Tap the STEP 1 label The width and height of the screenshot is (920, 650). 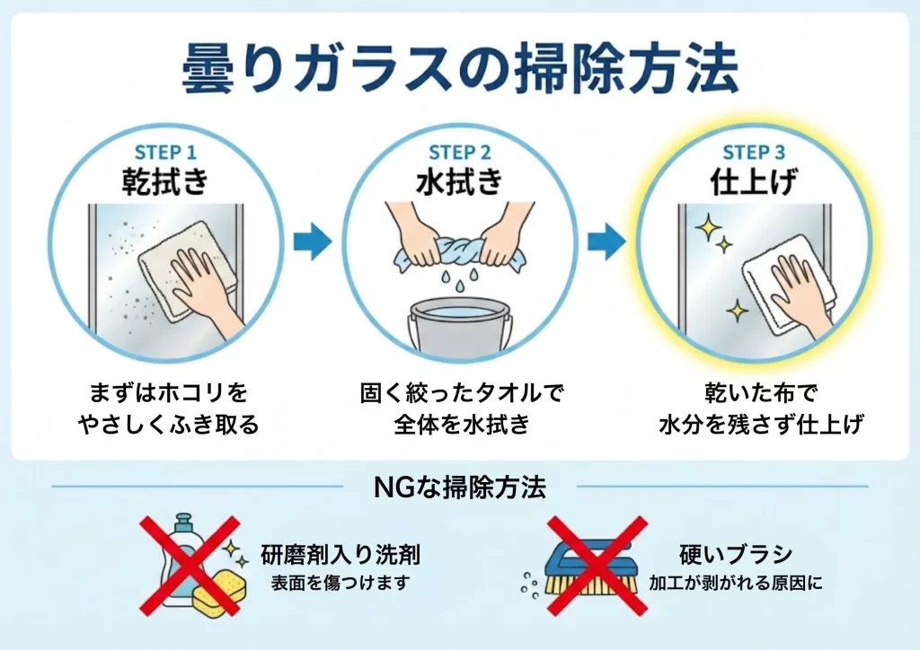pos(165,153)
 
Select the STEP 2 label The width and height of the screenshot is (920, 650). pos(459,153)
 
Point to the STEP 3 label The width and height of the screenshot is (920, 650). pos(754,153)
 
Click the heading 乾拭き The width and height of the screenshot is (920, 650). pos(165,180)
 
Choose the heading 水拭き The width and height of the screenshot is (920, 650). pos(459,180)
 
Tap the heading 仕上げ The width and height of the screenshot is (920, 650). pos(754,180)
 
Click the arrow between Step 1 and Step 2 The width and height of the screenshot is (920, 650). pos(312,241)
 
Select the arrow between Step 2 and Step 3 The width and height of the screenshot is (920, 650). pos(606,241)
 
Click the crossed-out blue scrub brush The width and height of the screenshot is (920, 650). pos(589,567)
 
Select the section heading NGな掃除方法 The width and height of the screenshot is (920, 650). pos(459,487)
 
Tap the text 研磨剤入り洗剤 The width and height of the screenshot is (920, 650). pos(341,554)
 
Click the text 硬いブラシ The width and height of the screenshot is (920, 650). pos(736,554)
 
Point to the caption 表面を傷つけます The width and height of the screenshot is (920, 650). pos(341,584)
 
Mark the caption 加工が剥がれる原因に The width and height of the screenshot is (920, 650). pos(736,584)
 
